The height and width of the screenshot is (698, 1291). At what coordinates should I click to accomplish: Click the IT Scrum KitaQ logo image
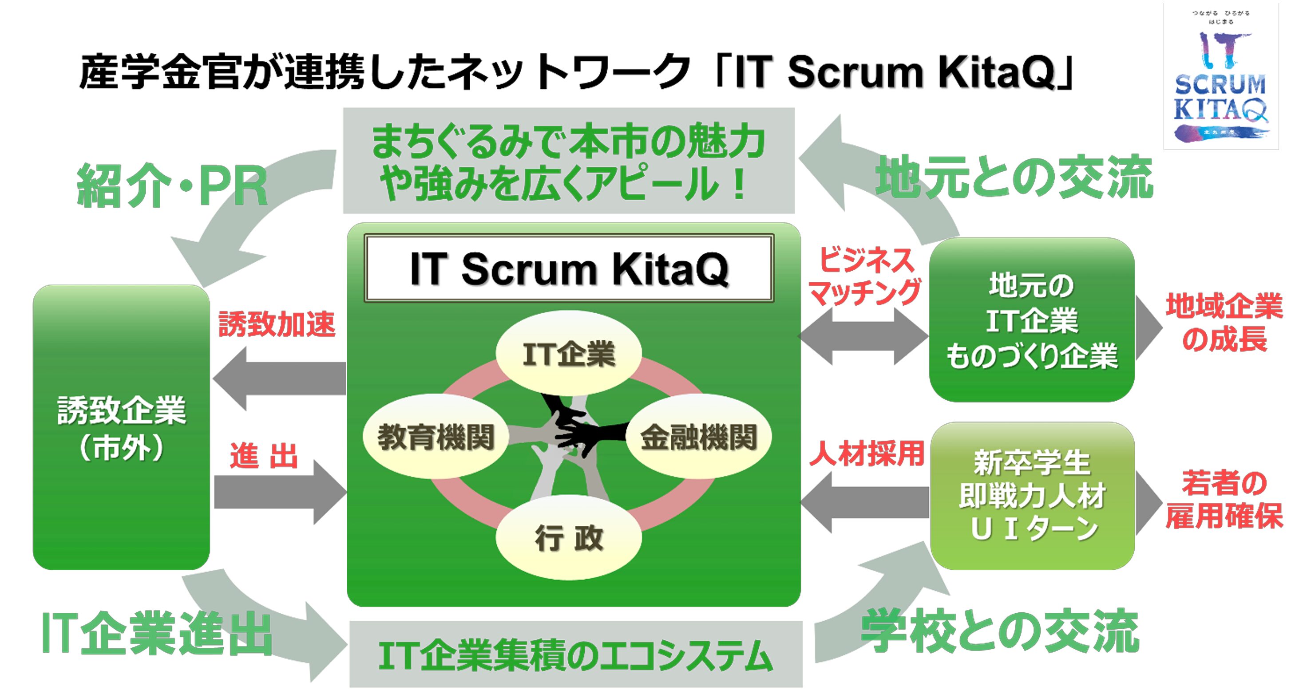point(1220,76)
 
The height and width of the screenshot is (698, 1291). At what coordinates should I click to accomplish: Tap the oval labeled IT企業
point(568,353)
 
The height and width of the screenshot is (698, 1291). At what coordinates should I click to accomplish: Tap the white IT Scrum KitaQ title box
point(569,268)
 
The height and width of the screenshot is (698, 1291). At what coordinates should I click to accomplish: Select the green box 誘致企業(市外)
point(121,427)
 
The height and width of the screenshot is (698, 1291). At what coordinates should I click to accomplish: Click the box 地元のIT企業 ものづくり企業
point(1031,319)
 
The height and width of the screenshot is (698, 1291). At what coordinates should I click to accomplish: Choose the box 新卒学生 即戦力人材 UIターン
point(1032,495)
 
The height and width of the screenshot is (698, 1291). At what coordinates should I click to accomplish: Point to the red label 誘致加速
point(277,323)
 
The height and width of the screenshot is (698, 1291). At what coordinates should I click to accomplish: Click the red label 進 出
point(264,456)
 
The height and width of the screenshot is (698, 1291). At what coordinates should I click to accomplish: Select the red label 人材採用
point(867,454)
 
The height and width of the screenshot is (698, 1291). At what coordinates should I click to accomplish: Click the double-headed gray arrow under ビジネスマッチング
point(863,336)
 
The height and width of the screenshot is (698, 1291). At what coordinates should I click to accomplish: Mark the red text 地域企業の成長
point(1224,322)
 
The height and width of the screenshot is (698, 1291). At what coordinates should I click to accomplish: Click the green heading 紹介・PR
point(172,186)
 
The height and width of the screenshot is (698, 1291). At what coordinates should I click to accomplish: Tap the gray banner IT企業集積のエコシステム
point(575,655)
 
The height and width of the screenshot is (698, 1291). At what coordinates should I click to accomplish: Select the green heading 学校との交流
point(1000,631)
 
